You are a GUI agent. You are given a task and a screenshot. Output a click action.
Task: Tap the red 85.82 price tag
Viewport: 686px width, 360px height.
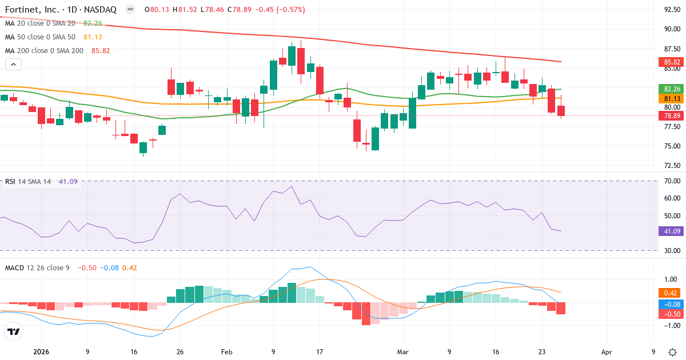pyautogui.click(x=671, y=62)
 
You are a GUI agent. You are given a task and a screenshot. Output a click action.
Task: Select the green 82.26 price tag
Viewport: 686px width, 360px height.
pyautogui.click(x=671, y=89)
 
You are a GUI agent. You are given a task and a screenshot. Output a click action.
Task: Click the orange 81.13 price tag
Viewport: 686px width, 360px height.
pyautogui.click(x=671, y=98)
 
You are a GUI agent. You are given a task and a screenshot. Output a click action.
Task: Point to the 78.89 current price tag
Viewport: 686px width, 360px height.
pyautogui.click(x=671, y=115)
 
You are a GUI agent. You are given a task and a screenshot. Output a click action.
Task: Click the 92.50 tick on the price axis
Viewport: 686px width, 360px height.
pyautogui.click(x=671, y=10)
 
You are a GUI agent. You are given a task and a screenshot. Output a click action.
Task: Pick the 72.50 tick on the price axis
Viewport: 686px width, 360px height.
pyautogui.click(x=671, y=166)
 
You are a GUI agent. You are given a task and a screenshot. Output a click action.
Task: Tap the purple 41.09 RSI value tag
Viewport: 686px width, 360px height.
pyautogui.click(x=671, y=231)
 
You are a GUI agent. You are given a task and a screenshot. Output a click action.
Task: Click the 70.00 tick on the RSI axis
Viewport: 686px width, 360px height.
pyautogui.click(x=671, y=181)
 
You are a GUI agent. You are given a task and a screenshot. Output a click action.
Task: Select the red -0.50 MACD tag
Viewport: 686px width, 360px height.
pyautogui.click(x=671, y=314)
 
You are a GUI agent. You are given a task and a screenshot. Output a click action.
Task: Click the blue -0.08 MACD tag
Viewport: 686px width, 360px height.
pyautogui.click(x=671, y=305)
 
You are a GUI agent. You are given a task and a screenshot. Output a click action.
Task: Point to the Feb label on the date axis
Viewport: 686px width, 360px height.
pyautogui.click(x=227, y=352)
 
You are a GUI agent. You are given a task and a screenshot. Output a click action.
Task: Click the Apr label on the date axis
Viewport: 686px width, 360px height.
pyautogui.click(x=607, y=352)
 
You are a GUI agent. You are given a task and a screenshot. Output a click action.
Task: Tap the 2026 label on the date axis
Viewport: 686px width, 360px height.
pyautogui.click(x=42, y=352)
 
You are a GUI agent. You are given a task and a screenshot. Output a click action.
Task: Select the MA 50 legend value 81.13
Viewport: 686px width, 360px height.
pyautogui.click(x=93, y=37)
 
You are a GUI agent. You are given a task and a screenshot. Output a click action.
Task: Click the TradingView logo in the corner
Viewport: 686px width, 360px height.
pyautogui.click(x=14, y=331)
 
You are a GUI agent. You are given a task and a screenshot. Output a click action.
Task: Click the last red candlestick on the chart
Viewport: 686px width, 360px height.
pyautogui.click(x=561, y=110)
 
